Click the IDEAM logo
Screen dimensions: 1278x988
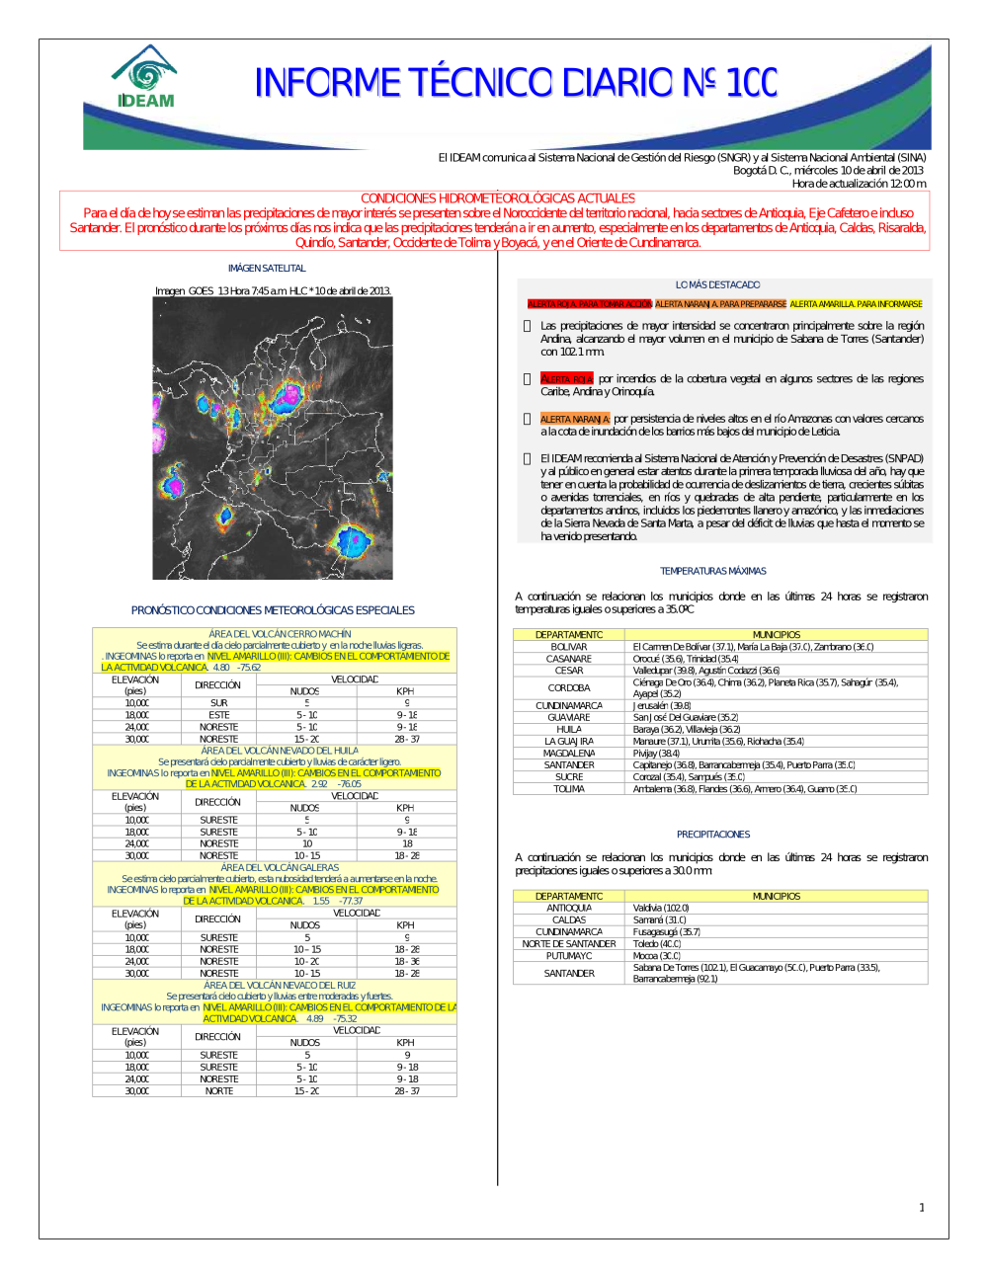[x=145, y=77]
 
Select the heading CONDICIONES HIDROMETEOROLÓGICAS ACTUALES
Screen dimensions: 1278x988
[x=497, y=199]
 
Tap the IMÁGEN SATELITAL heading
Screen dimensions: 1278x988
[x=267, y=269]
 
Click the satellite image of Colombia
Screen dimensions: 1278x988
[x=273, y=438]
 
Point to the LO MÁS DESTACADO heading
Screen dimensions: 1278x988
[x=717, y=284]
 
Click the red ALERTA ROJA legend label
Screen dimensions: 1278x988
[x=589, y=304]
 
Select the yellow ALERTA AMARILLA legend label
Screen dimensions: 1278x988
[x=856, y=304]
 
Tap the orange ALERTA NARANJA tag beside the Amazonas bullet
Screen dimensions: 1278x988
[x=575, y=419]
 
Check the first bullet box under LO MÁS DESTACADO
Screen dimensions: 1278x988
[x=528, y=326]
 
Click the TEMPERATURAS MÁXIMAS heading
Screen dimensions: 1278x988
[x=713, y=571]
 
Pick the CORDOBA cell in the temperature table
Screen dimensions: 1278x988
[x=569, y=688]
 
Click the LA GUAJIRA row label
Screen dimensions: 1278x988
[x=569, y=742]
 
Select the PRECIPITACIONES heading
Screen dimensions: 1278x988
[x=713, y=835]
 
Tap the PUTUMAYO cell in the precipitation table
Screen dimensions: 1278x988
[x=569, y=956]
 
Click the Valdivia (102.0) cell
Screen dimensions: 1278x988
[x=661, y=909]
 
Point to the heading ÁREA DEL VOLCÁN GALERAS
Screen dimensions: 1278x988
[x=280, y=868]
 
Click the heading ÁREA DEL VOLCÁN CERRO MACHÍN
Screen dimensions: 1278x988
[x=280, y=634]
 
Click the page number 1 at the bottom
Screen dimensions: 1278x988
[x=922, y=1207]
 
